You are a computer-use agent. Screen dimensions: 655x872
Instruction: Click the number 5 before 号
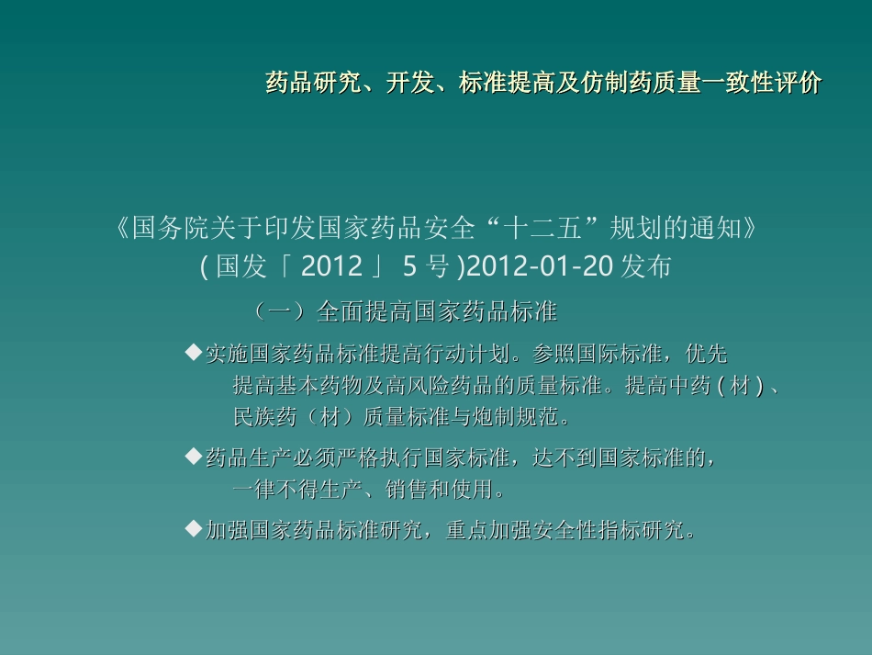click(x=409, y=267)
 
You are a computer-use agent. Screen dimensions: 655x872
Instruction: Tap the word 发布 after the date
click(x=647, y=267)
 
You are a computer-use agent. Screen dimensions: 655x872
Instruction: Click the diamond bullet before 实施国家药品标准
click(x=193, y=352)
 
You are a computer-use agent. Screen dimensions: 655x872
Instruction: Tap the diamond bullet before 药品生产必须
click(x=193, y=455)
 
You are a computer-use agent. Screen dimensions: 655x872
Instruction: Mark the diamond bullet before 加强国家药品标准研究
click(x=193, y=528)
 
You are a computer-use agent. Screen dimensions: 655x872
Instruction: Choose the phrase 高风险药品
click(x=427, y=386)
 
